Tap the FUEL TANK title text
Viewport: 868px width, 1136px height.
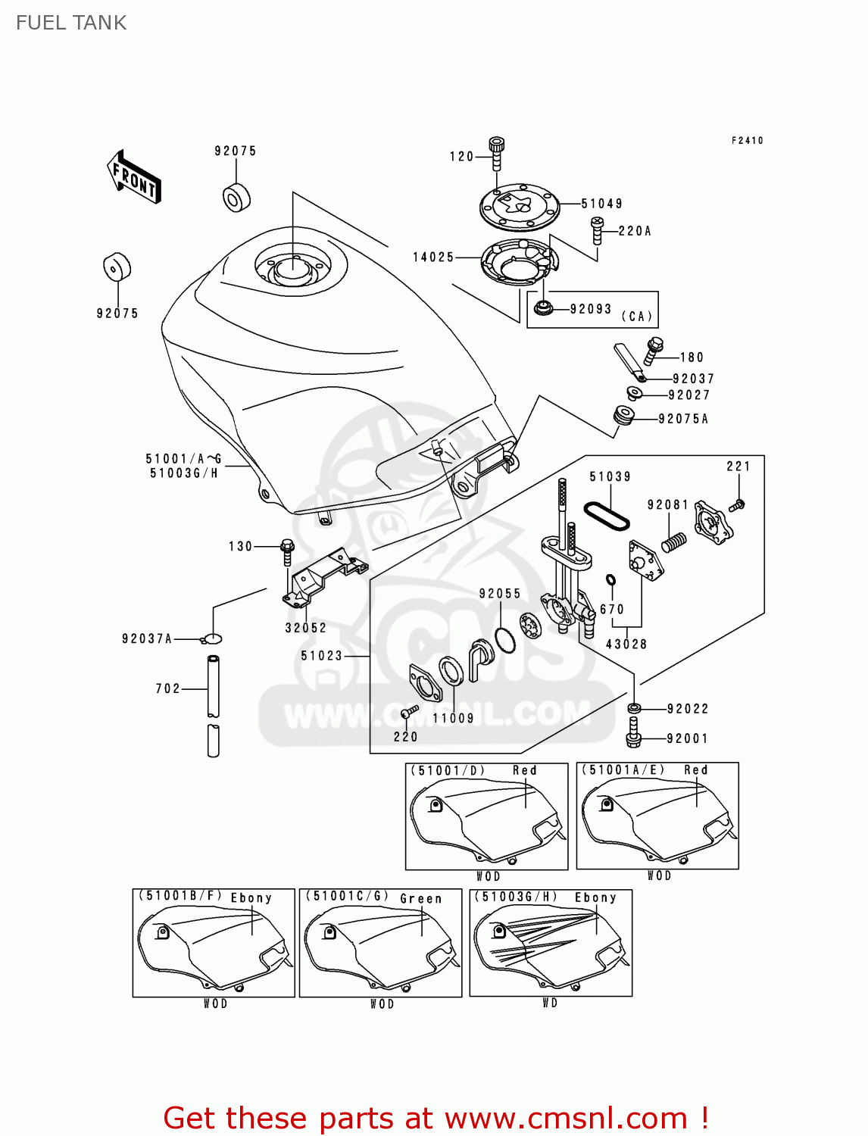71,23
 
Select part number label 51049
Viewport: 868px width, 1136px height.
601,204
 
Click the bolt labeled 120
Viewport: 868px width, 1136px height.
497,154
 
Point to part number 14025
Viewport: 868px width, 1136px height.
433,257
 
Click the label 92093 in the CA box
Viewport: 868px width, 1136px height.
590,309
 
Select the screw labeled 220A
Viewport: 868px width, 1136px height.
597,230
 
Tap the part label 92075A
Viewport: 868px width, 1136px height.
682,419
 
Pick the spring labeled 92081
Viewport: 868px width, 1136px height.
674,541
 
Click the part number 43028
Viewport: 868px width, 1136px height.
626,644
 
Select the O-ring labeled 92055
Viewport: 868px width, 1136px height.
505,639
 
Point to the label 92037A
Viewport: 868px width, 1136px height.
147,639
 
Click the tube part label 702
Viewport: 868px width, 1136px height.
167,688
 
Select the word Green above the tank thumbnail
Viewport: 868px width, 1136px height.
420,899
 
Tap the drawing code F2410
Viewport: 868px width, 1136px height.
747,141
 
